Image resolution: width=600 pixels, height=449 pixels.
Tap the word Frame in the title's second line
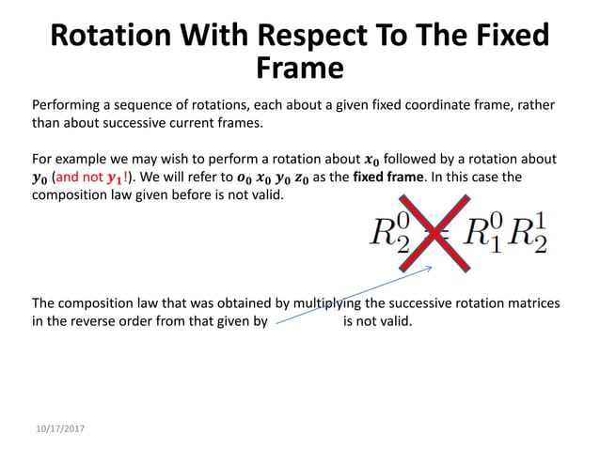click(299, 69)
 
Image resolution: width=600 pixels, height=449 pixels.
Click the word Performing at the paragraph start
click(64, 105)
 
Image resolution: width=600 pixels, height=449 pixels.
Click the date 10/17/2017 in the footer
click(57, 427)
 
